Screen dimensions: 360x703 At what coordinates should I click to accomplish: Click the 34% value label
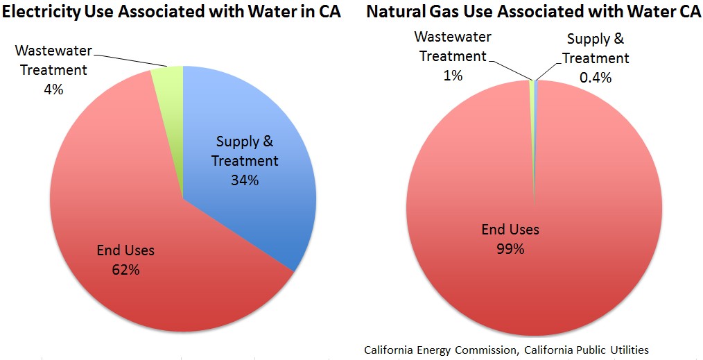coord(245,180)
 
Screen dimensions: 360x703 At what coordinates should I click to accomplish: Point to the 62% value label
coord(125,270)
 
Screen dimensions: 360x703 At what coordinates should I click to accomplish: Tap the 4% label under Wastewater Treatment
coord(52,89)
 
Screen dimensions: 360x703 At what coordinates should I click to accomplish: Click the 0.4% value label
coord(596,78)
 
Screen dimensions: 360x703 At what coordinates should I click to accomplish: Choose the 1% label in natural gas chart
coord(452,75)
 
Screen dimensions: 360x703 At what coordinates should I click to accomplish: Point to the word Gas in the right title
coord(442,12)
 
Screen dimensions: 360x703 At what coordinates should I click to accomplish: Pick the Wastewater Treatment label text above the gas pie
coord(452,46)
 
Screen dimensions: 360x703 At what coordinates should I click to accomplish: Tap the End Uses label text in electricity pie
coord(125,250)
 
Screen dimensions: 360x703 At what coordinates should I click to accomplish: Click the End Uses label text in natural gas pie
coord(510,230)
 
